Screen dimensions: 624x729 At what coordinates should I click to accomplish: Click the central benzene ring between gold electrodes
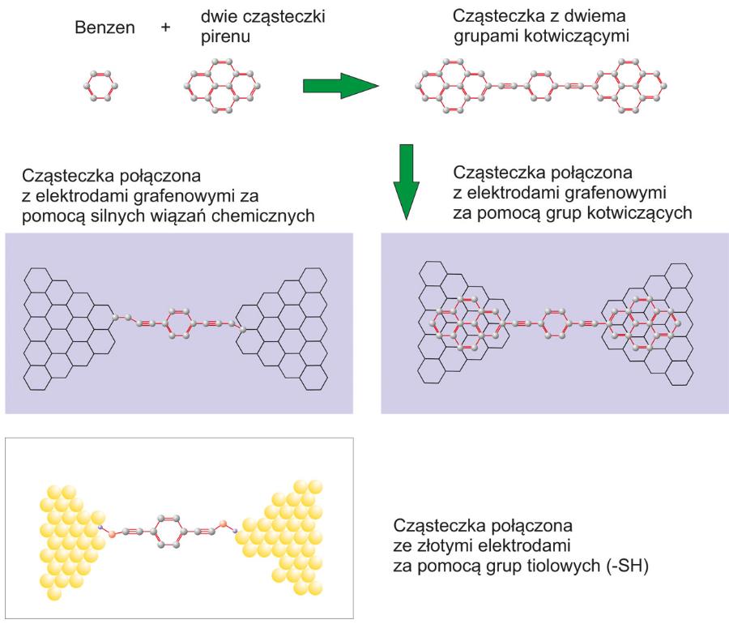(166, 532)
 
